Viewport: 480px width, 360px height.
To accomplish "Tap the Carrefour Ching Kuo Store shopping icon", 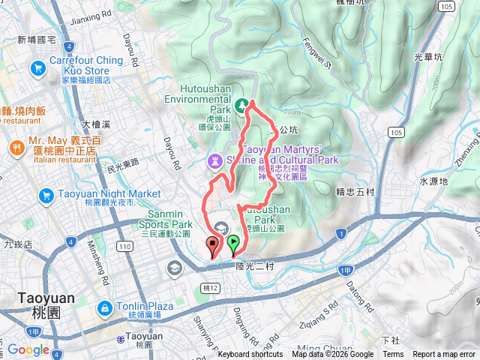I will pos(37,69).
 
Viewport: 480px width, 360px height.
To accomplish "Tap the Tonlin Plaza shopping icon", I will pos(104,307).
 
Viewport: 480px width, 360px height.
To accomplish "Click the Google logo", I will pos(28,349).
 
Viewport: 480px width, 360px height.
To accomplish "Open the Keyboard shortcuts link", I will pos(250,355).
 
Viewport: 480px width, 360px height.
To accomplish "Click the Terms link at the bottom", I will pos(393,355).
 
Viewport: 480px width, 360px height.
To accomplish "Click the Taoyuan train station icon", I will pos(121,338).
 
